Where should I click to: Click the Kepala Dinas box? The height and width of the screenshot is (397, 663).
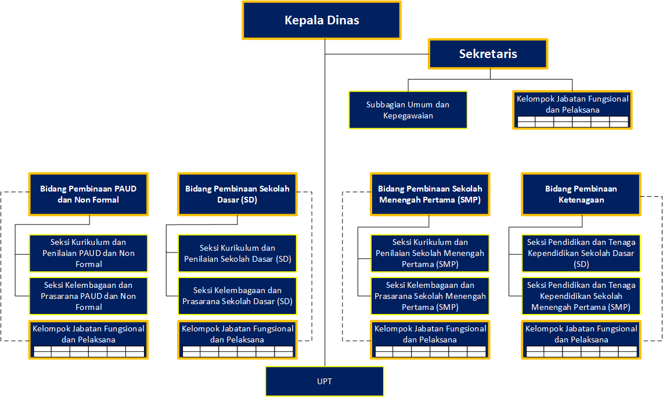[x=322, y=20]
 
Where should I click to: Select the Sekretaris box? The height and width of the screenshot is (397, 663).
[x=488, y=54]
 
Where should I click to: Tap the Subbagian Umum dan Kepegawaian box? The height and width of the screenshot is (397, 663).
[x=408, y=110]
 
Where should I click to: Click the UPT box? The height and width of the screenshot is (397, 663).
[x=325, y=381]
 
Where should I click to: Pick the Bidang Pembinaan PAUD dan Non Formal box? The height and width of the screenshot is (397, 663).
[x=88, y=194]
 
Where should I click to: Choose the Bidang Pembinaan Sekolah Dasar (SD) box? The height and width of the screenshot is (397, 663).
[x=237, y=194]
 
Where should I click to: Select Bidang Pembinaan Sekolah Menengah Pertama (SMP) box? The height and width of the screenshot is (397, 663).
[x=430, y=194]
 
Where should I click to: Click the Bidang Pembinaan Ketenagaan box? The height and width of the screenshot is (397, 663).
[x=581, y=194]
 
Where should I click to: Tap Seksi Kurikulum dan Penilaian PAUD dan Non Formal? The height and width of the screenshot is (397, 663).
[x=88, y=253]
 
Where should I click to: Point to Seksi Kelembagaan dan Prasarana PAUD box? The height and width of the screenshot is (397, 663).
[x=88, y=296]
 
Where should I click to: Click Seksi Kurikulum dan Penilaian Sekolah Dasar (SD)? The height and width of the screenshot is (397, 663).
[x=237, y=253]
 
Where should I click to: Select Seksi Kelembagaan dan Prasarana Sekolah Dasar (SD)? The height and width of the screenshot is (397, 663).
[x=237, y=296]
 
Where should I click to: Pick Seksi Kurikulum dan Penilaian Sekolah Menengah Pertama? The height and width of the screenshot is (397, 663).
[x=430, y=253]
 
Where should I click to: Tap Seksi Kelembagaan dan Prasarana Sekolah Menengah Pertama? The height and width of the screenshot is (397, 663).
[x=430, y=296]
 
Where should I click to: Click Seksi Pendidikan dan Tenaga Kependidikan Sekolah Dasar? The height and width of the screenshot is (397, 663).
[x=581, y=253]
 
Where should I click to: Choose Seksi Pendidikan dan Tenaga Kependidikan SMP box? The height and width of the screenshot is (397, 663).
[x=581, y=296]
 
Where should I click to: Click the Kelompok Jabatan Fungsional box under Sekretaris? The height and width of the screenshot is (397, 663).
[x=572, y=109]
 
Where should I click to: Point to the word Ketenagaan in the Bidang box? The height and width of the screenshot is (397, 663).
[x=581, y=200]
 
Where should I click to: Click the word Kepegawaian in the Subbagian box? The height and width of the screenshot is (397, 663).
[x=408, y=116]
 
